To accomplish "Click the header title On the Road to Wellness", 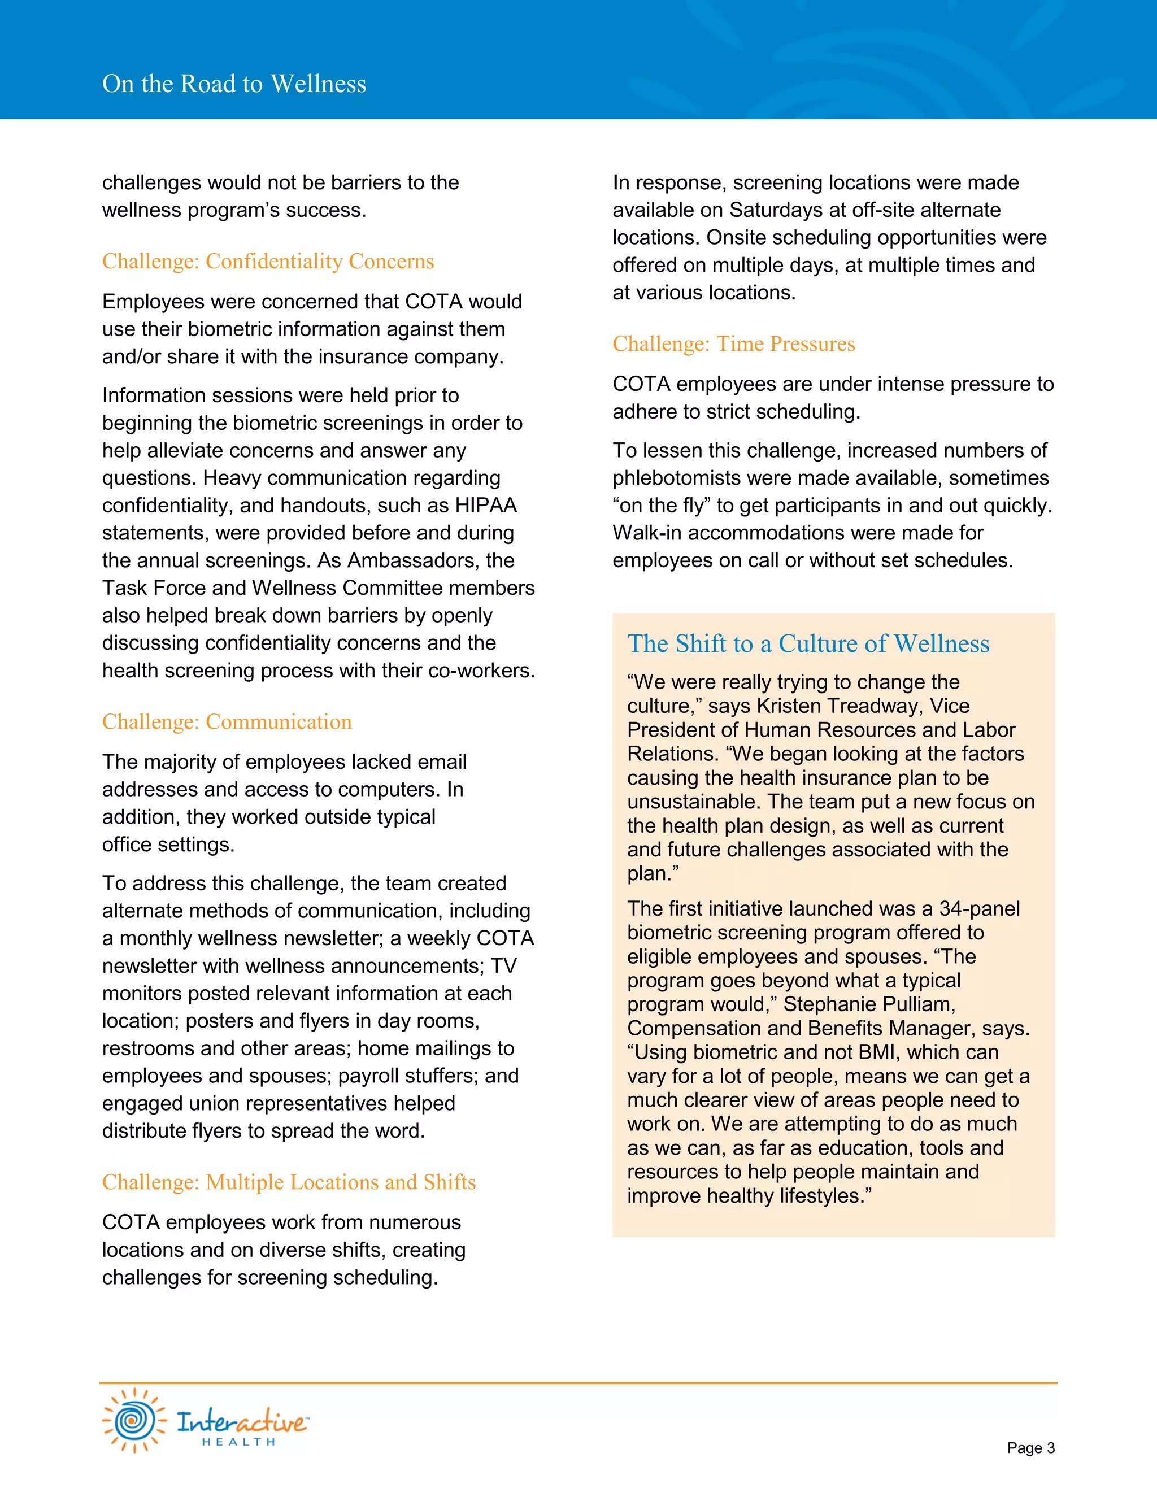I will pyautogui.click(x=234, y=84).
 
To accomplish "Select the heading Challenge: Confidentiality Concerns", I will pyautogui.click(x=267, y=261).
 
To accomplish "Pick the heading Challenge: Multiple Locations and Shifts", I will pyautogui.click(x=289, y=1182).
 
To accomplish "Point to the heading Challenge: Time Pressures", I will pyautogui.click(x=733, y=343).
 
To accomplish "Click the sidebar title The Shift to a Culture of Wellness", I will pyautogui.click(x=808, y=643).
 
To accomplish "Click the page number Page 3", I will pyautogui.click(x=1030, y=1448).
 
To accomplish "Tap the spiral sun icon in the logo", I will pyautogui.click(x=134, y=1420).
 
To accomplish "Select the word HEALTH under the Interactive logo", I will pyautogui.click(x=238, y=1442).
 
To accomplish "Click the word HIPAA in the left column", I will pyautogui.click(x=485, y=506).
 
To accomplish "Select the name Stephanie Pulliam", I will pyautogui.click(x=868, y=1004).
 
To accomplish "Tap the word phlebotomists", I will pyautogui.click(x=691, y=478).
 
